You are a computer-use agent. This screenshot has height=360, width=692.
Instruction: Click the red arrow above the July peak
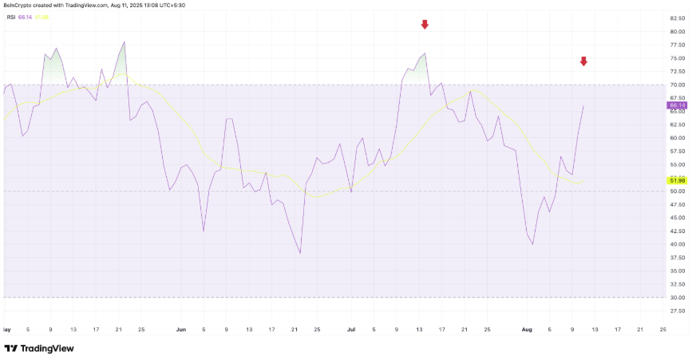[425, 25]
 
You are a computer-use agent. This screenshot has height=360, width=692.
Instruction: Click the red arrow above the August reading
[583, 61]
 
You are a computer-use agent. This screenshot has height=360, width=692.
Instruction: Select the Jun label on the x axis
[180, 328]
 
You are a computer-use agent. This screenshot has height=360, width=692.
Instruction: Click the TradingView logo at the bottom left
[40, 348]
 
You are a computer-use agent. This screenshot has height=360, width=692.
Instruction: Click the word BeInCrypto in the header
[18, 5]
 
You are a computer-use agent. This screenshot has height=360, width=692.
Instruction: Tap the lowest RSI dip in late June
[300, 253]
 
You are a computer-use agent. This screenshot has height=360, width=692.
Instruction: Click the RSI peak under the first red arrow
[425, 53]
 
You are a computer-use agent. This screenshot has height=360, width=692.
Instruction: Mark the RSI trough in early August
[532, 244]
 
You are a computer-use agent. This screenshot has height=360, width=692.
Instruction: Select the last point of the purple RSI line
[583, 105]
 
